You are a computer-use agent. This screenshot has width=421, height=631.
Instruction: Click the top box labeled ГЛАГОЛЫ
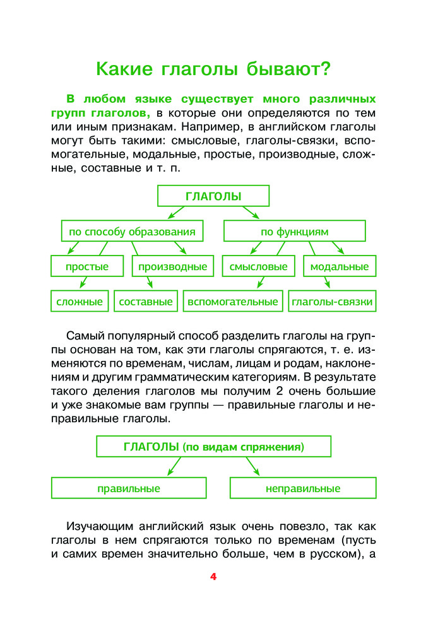[x=213, y=196]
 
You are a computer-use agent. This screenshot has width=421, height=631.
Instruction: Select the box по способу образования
[x=132, y=232]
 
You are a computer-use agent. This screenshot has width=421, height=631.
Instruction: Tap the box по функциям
[x=294, y=232]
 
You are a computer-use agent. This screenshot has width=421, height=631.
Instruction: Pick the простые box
[x=87, y=266]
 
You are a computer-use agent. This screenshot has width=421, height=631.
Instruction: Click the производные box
[x=172, y=266]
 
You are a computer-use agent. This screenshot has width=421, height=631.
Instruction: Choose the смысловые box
[x=259, y=266]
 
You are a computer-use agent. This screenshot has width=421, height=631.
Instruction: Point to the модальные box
[x=340, y=266]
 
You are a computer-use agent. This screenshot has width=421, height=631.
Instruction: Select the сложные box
[x=80, y=302]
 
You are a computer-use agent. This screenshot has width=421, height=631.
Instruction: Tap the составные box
[x=146, y=302]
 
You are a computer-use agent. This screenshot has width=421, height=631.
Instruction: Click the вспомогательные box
[x=232, y=302]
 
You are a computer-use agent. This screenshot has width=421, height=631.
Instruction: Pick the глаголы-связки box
[x=332, y=302]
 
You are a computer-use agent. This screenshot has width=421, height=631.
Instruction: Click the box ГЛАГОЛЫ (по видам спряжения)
[x=213, y=447]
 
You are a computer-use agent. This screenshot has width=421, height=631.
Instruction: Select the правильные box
[x=129, y=488]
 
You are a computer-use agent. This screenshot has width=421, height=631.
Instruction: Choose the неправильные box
[x=303, y=488]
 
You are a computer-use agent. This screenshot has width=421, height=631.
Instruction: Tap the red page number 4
[x=213, y=577]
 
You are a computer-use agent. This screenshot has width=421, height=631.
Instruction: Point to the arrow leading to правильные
[x=173, y=467]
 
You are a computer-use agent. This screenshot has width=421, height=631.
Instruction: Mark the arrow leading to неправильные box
[x=252, y=467]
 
